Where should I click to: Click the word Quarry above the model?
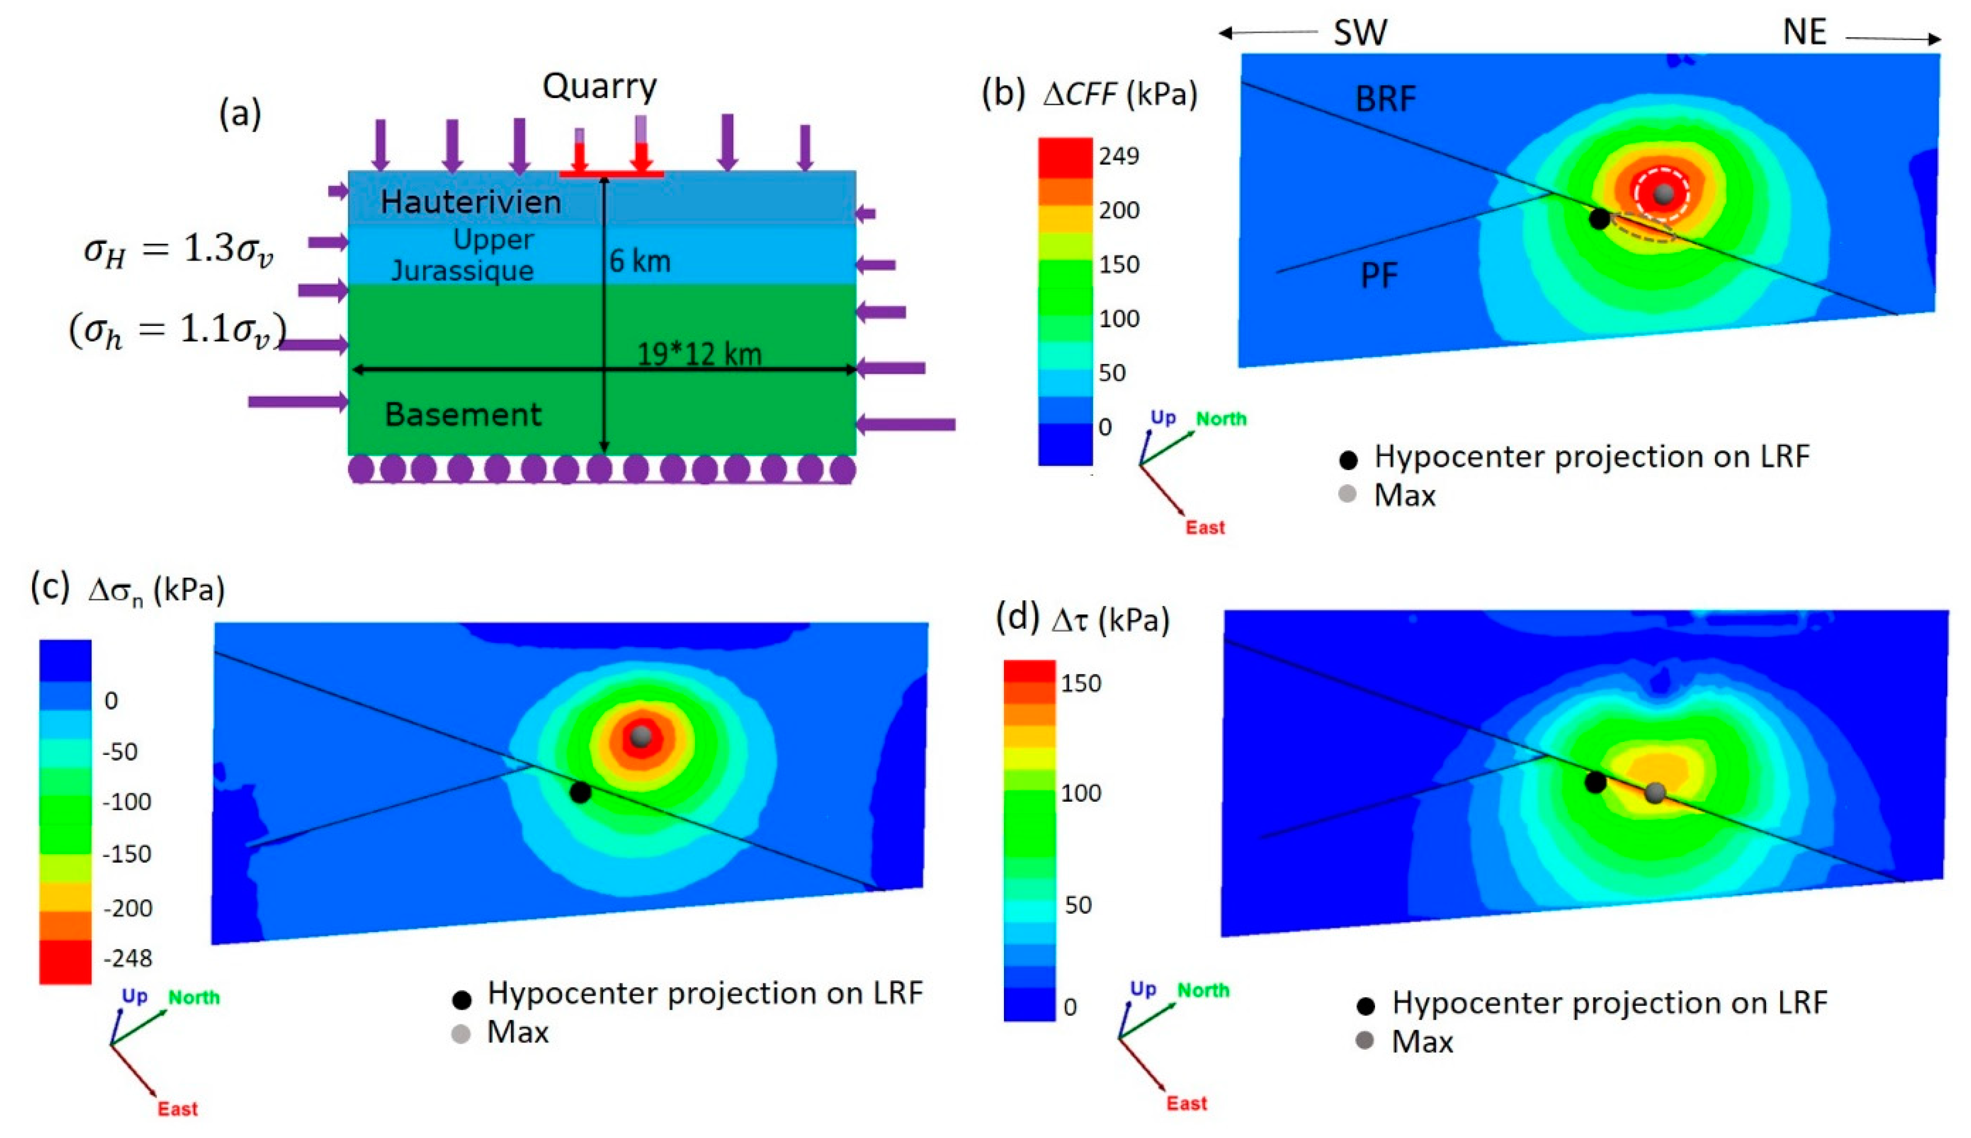pos(599,86)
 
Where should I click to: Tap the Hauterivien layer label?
pos(471,202)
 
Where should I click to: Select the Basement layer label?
pos(463,414)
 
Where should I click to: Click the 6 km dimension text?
pos(640,261)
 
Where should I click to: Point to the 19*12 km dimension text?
pos(699,355)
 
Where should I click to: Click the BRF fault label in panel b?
pos(1384,99)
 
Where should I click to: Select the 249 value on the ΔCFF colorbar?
pos(1119,156)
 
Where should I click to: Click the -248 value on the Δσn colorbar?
pos(128,958)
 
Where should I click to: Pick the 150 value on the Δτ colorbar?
pos(1080,683)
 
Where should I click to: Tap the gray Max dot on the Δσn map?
pos(641,735)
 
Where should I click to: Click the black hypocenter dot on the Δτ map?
pos(1596,781)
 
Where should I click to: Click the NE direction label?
pos(1804,33)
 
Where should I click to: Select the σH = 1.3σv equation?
pos(178,250)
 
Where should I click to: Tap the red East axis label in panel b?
pos(1205,528)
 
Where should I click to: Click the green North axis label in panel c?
pos(194,997)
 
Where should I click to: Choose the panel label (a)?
pos(239,114)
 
